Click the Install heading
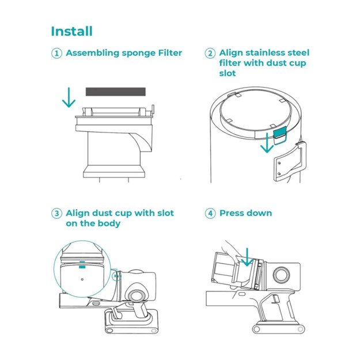71,31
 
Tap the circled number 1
56,53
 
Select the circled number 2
210,53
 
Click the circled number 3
56,213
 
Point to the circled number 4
210,213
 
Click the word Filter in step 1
168,53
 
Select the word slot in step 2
227,74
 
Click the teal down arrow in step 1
69,97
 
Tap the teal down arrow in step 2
266,145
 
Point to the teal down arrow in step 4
247,256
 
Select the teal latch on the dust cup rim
280,134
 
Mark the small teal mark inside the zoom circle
82,260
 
